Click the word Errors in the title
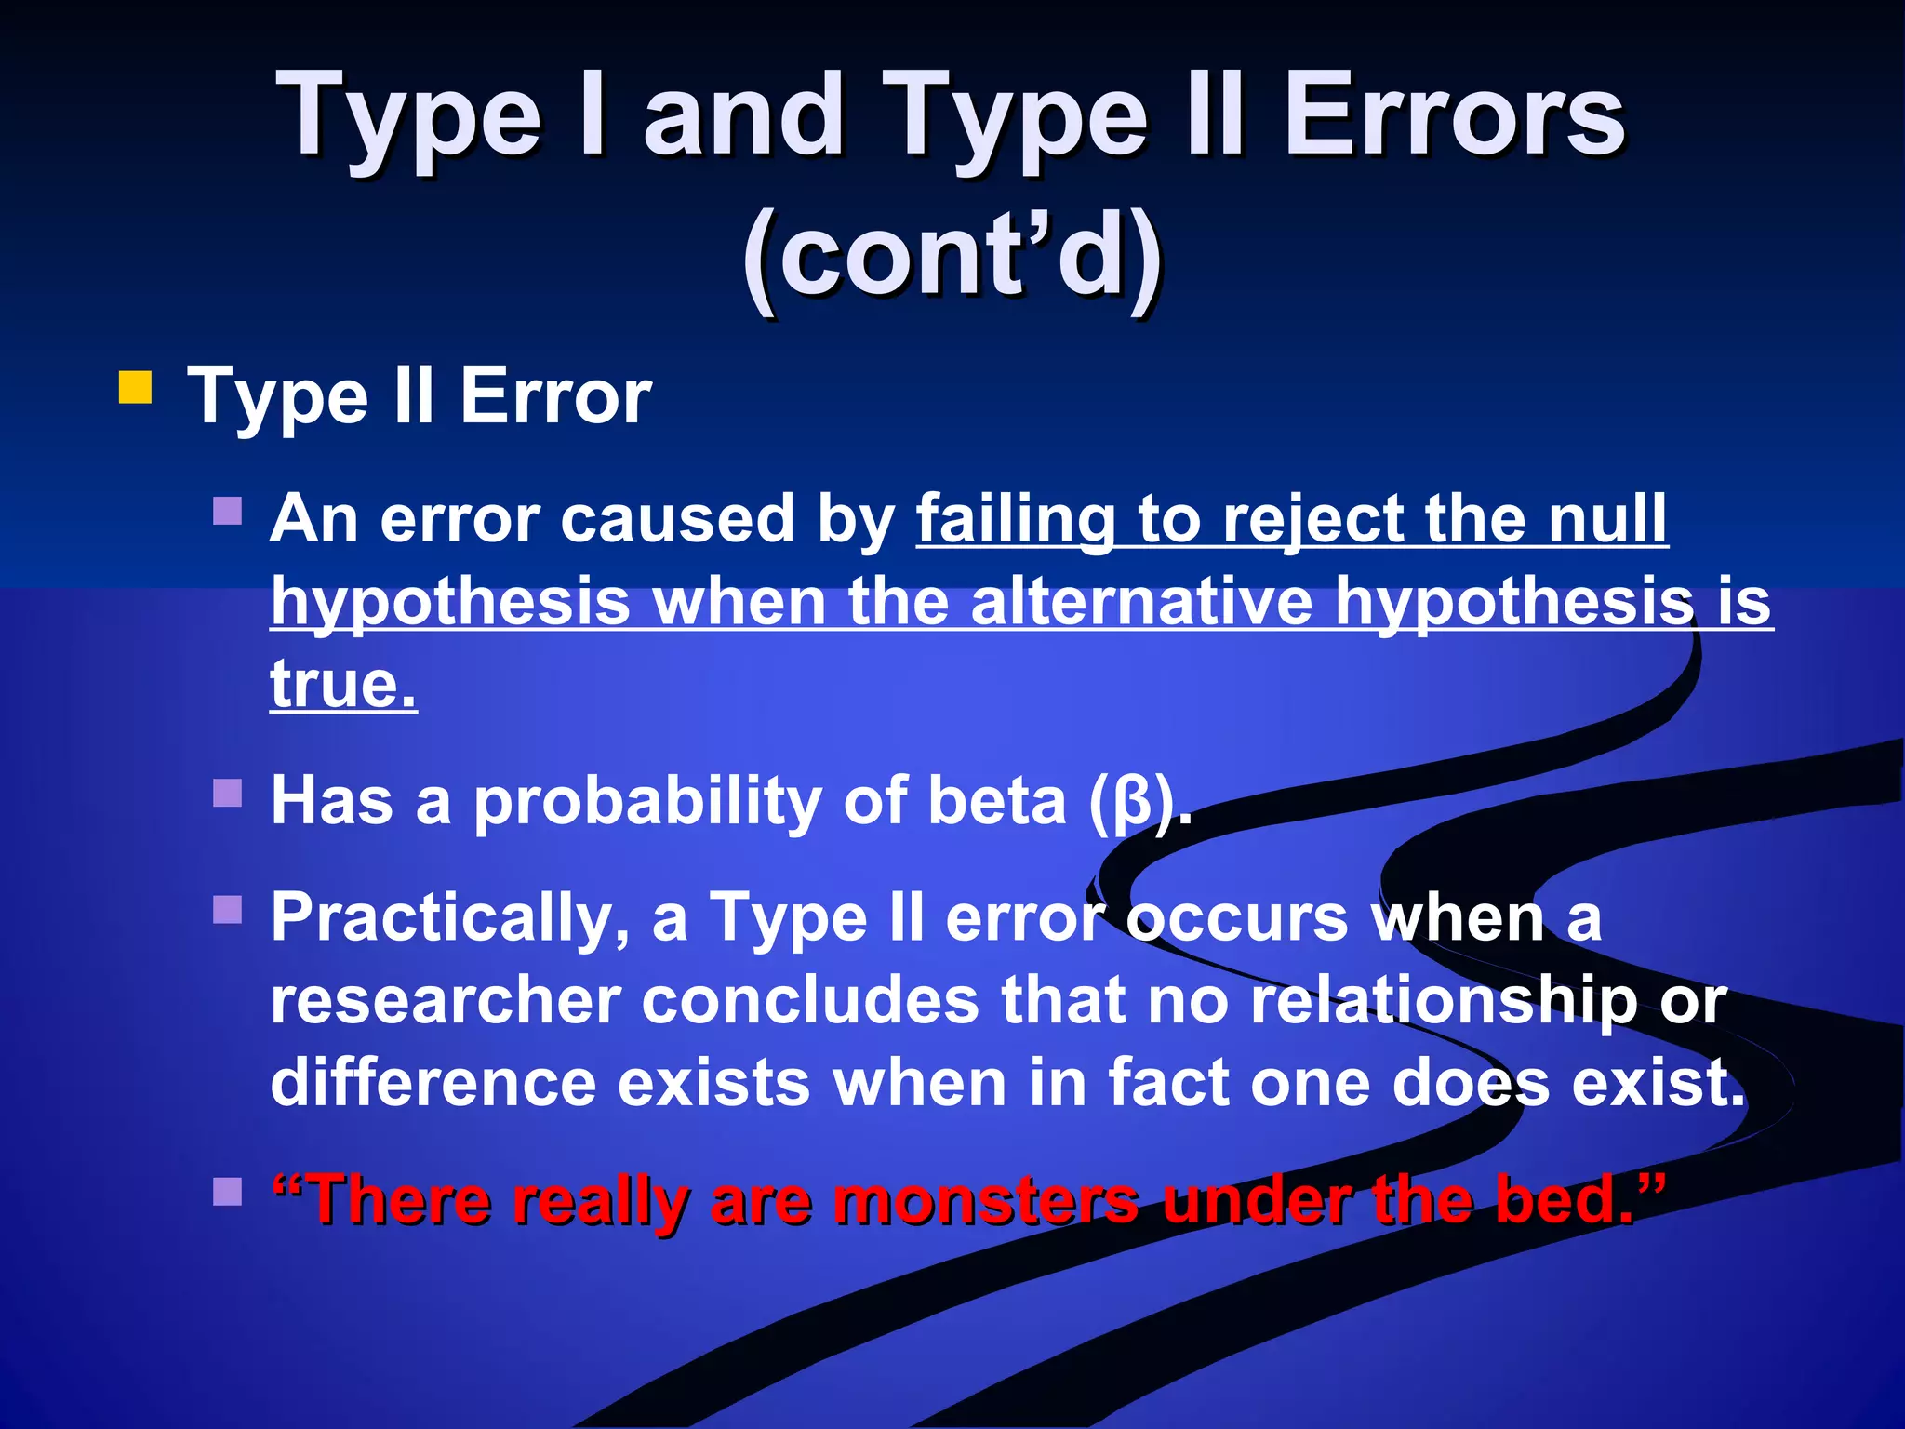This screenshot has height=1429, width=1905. (1454, 118)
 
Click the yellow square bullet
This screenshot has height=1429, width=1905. (135, 388)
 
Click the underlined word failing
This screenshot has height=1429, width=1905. (1015, 519)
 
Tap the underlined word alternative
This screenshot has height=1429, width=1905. (1141, 602)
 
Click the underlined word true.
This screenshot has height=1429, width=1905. (342, 684)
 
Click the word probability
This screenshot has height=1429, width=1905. (647, 802)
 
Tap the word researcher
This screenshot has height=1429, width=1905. (445, 1001)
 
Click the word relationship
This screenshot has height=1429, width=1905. (1442, 1001)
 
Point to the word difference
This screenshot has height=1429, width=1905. (433, 1084)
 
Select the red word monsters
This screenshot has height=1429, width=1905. (985, 1200)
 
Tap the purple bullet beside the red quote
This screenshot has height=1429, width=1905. (227, 1191)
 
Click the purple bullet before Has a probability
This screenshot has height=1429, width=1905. (227, 793)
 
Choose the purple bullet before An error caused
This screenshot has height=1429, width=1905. (227, 511)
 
